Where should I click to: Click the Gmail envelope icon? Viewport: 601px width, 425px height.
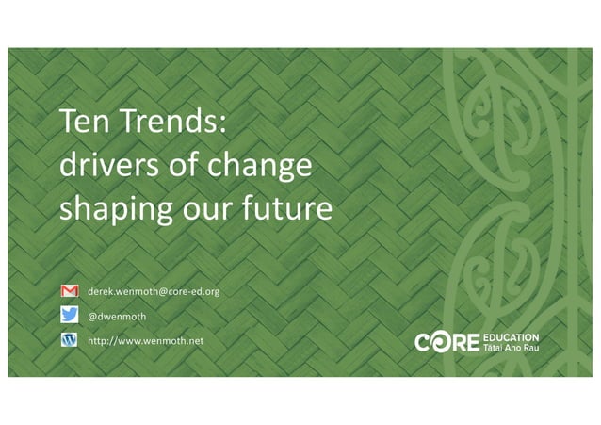pos(69,292)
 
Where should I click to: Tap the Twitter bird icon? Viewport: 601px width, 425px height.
pos(69,317)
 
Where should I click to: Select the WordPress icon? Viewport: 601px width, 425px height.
pos(69,340)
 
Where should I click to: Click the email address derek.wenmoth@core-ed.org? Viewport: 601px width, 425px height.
pos(154,292)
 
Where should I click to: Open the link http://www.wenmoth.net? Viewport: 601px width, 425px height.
pos(145,340)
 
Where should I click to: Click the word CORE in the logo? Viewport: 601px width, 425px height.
pos(447,342)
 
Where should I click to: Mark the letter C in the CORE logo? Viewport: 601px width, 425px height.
pos(423,342)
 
